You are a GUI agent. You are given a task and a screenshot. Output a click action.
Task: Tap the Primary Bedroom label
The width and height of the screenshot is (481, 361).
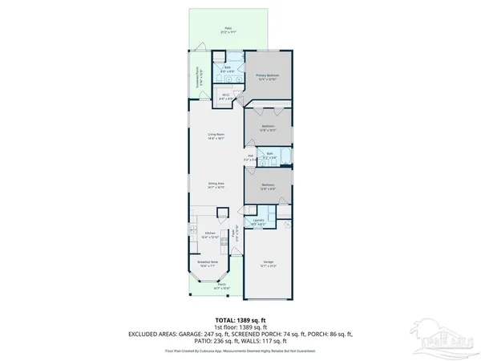[x=270, y=76]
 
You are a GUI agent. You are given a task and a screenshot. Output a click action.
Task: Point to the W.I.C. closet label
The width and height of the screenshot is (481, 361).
[x=227, y=97]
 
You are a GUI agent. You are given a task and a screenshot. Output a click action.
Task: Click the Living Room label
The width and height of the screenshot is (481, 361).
[x=216, y=136]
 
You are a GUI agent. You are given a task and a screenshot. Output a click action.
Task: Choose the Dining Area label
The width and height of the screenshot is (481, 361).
[x=216, y=184]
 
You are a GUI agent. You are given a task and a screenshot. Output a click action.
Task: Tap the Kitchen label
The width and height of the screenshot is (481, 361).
[x=210, y=236]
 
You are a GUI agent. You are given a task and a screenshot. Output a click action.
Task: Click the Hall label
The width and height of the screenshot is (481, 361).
[x=251, y=157]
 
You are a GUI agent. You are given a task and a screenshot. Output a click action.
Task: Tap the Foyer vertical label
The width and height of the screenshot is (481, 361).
[x=233, y=234]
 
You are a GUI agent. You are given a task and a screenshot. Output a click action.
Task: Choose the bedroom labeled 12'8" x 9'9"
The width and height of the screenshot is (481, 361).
[x=268, y=186]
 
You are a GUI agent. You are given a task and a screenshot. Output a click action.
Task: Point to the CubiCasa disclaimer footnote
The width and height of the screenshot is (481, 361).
[x=240, y=351]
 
